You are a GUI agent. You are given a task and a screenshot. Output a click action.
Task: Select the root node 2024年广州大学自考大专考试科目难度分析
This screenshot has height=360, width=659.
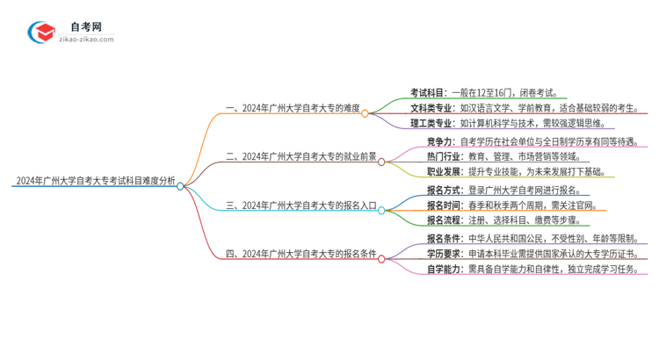coord(95,182)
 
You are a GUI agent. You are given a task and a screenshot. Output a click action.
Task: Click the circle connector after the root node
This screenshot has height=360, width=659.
coord(180,185)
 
